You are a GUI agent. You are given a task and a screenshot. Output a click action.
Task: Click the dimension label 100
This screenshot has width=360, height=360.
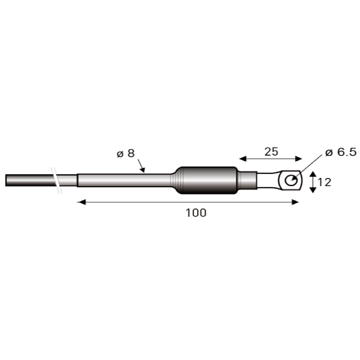[x=196, y=213]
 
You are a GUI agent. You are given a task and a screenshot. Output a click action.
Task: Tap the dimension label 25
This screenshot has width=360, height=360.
[x=271, y=152]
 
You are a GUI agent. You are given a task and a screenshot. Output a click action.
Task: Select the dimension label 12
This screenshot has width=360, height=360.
[x=324, y=182]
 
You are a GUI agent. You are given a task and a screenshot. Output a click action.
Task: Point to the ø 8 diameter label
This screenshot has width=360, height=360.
[x=125, y=153]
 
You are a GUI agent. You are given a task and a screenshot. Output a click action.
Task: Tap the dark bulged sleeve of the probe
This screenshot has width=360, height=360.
[x=207, y=180]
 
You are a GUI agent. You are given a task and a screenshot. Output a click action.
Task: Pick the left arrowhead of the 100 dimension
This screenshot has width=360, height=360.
[x=82, y=202]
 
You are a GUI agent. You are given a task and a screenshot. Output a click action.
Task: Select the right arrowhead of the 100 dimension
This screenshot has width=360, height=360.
[x=295, y=202]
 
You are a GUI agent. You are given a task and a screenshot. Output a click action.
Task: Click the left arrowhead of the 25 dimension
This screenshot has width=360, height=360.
[x=243, y=159]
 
